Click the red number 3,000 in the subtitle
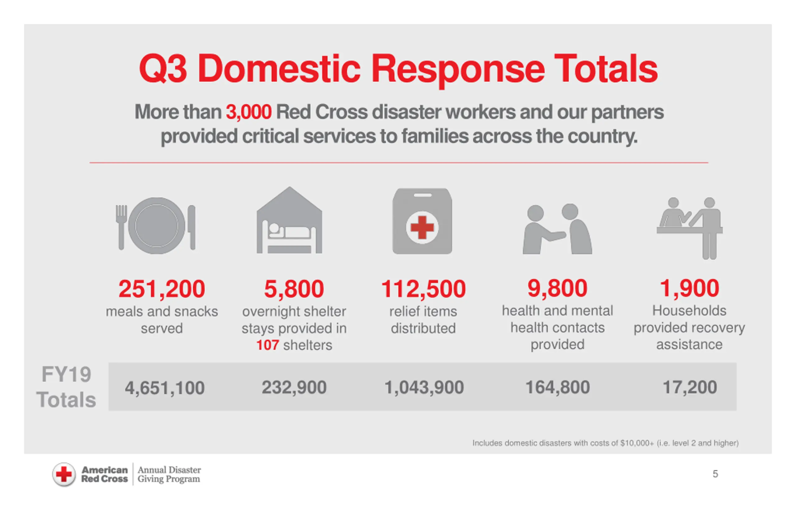coord(248,112)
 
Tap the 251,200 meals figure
coord(162,289)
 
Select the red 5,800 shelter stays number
coord(294,289)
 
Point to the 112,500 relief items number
coord(423,289)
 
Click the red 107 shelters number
coord(267,345)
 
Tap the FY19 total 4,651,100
coord(164,388)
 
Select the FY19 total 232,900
coord(294,387)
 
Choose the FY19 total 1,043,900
coord(424,387)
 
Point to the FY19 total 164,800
coord(557,387)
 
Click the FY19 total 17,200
coord(690,387)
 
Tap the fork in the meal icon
coord(121,226)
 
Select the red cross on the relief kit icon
coord(422,227)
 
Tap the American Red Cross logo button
coord(64,474)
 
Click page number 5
coord(715,474)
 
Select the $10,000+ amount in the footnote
coord(637,443)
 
